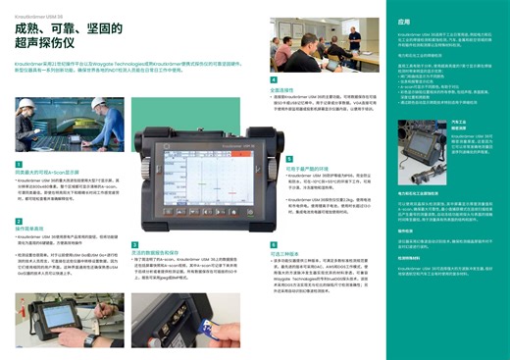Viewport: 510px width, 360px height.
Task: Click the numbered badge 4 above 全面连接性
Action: coord(274,78)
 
